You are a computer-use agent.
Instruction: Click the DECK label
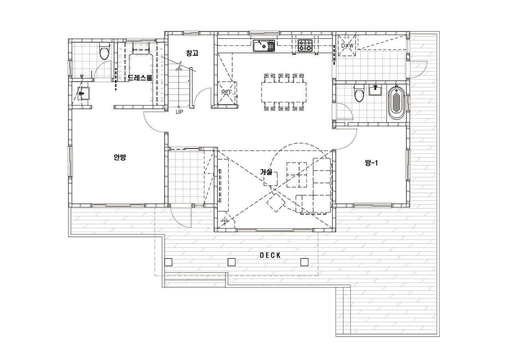(x=270, y=255)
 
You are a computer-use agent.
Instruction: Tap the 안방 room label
(x=120, y=157)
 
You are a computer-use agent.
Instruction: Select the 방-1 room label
(x=371, y=163)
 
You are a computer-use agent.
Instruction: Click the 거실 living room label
(x=266, y=172)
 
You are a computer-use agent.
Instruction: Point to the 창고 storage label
(x=192, y=53)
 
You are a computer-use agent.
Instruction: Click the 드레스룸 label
(x=139, y=78)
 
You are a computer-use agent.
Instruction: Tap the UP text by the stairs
(x=179, y=112)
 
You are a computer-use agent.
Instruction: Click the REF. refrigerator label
(x=227, y=93)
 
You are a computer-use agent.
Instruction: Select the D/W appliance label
(x=347, y=46)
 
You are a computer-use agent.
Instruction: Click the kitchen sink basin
(x=264, y=45)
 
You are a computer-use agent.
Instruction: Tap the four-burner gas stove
(x=305, y=45)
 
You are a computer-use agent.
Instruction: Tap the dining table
(x=284, y=92)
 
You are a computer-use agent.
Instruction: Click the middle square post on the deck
(x=231, y=262)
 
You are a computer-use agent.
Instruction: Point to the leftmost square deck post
(x=169, y=262)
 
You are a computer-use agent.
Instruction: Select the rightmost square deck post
(x=304, y=262)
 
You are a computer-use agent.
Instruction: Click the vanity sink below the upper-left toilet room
(x=83, y=93)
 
